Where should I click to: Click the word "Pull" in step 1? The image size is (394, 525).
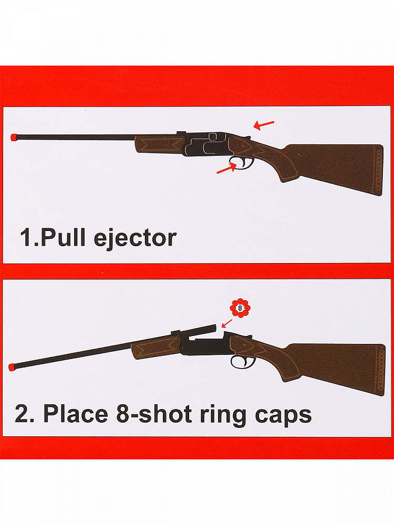63,237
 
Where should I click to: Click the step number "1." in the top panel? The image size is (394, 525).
29,237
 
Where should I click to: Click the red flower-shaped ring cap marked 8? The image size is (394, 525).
240,308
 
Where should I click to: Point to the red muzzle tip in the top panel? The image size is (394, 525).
14,137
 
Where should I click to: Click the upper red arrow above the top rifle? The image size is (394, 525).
264,125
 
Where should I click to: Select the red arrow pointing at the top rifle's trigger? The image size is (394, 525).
227,167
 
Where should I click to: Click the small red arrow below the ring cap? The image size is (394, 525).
227,323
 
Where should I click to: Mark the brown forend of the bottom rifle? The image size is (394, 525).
155,348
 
